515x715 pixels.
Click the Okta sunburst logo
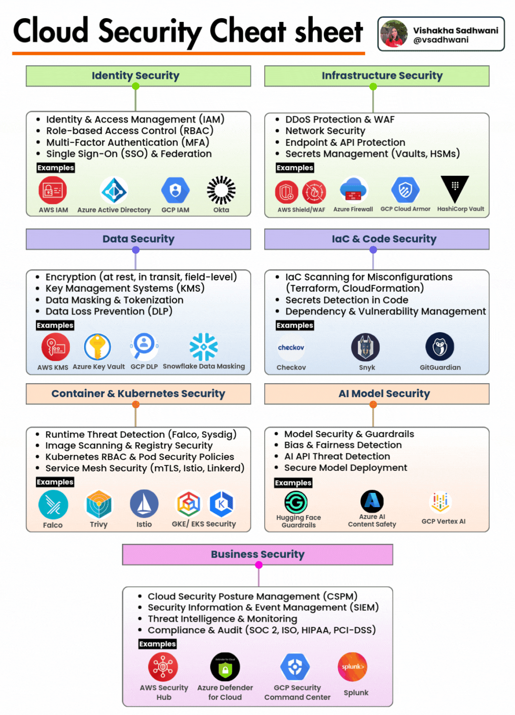221,190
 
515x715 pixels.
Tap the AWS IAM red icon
53,190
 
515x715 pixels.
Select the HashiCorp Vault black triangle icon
455,189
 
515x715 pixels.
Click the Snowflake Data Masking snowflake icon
204,347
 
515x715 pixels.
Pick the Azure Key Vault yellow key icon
98,347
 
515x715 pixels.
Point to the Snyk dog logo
366,347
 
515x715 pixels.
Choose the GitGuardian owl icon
440,347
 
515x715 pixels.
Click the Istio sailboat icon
144,504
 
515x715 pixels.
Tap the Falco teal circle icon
53,505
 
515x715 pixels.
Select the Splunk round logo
352,667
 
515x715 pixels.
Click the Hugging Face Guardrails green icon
296,502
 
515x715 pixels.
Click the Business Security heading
257,554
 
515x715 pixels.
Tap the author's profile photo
394,34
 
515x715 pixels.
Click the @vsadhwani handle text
441,40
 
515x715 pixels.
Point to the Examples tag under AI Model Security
293,483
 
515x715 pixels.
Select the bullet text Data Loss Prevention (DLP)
109,311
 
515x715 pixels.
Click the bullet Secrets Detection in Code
347,300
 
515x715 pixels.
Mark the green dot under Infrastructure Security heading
373,86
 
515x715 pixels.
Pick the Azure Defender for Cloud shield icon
225,667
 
